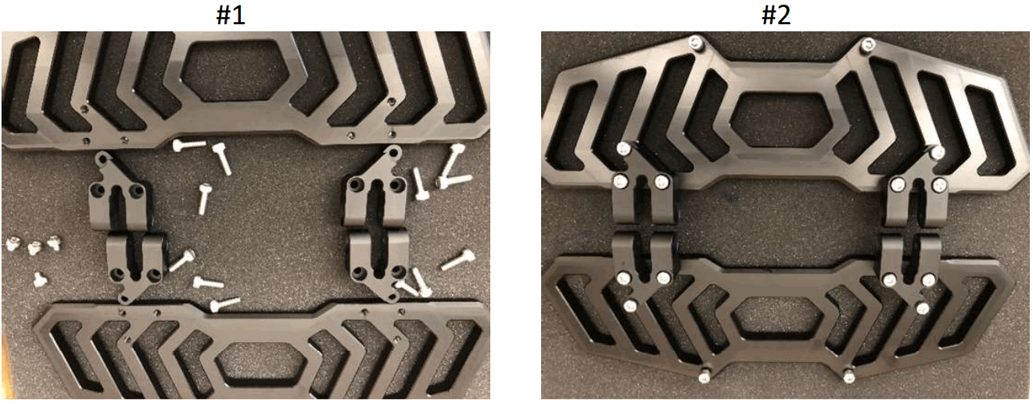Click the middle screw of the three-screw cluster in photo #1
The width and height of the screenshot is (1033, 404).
34,248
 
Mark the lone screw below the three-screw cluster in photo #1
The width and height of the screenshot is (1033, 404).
39,278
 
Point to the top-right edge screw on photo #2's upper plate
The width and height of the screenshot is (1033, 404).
866,46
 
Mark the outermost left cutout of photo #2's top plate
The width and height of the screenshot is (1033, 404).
574,125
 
